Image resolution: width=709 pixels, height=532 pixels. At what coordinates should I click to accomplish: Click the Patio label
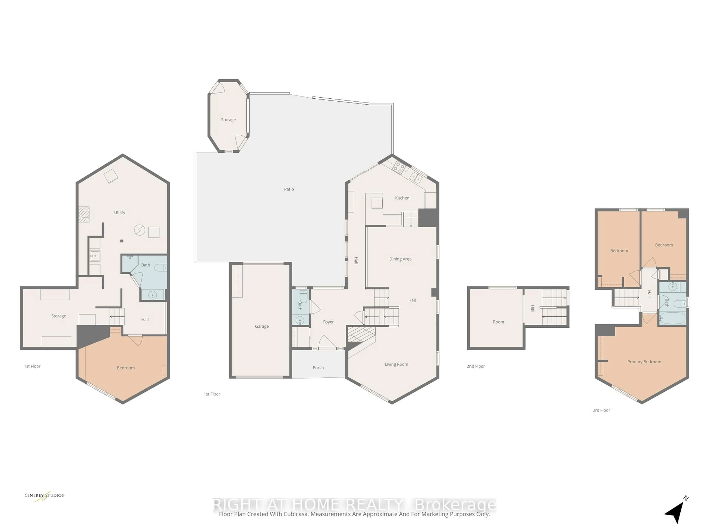pyautogui.click(x=289, y=189)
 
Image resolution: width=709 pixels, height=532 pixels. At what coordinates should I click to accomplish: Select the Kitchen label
pyautogui.click(x=402, y=198)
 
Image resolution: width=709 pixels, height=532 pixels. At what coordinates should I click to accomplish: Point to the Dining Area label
pyautogui.click(x=400, y=259)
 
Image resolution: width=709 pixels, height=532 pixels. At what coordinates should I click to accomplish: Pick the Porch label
pyautogui.click(x=318, y=367)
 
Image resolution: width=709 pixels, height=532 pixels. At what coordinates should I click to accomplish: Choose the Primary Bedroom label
pyautogui.click(x=644, y=362)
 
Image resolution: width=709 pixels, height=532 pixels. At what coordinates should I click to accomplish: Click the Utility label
pyautogui.click(x=120, y=212)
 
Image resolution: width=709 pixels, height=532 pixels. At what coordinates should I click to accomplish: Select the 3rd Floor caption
pyautogui.click(x=601, y=410)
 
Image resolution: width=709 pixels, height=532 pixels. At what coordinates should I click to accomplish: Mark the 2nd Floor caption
pyautogui.click(x=475, y=366)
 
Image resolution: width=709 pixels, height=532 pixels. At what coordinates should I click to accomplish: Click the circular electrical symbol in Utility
pyautogui.click(x=139, y=230)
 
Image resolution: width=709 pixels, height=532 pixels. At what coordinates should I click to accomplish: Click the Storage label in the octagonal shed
pyautogui.click(x=228, y=120)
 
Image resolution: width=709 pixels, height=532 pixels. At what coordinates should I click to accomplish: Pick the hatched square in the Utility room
pyautogui.click(x=84, y=214)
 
